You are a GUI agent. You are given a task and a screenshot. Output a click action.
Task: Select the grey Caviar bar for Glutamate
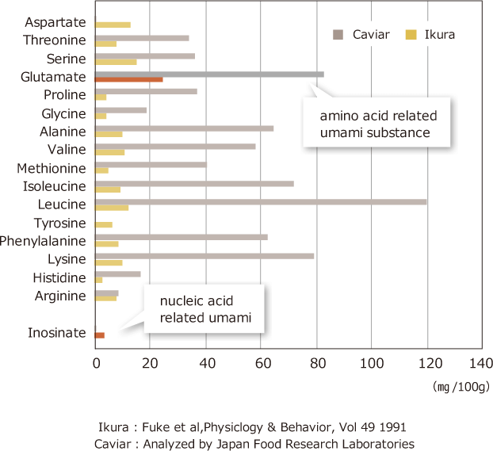click(x=209, y=75)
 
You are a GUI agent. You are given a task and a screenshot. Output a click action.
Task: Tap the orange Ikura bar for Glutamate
click(x=128, y=79)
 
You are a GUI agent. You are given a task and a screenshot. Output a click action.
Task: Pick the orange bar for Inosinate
click(x=100, y=335)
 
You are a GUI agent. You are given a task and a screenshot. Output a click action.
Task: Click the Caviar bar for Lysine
click(x=204, y=255)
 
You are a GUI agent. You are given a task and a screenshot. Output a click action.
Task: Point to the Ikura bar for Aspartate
click(x=113, y=25)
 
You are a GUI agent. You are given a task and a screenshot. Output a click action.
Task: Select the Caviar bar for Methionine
click(x=151, y=165)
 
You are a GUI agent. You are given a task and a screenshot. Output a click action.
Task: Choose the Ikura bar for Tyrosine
click(x=104, y=224)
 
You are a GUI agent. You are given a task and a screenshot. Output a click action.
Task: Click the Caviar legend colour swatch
click(x=338, y=34)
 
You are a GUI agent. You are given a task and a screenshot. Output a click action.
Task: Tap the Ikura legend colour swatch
click(x=411, y=34)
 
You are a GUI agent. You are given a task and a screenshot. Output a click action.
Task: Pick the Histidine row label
click(x=59, y=277)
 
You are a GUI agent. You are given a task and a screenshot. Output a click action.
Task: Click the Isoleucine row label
click(x=55, y=186)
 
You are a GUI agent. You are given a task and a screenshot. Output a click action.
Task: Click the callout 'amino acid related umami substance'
click(x=377, y=124)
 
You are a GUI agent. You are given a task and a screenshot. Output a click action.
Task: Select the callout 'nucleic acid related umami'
click(x=205, y=309)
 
